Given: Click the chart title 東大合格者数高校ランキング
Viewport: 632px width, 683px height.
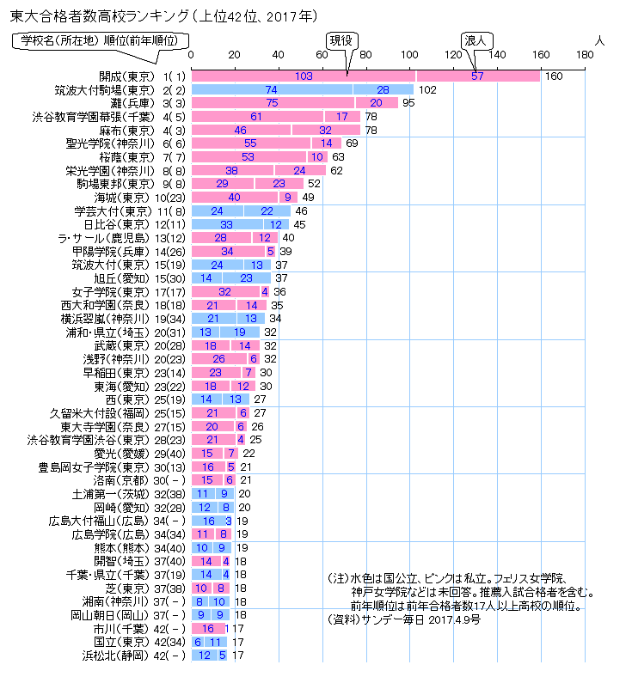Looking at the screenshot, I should coord(95,15).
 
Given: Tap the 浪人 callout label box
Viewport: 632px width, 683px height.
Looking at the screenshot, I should coord(475,40).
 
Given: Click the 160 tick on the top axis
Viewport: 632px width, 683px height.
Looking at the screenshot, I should coord(541,56).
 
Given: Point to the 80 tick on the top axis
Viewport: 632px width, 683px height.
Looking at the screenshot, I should coord(365,56).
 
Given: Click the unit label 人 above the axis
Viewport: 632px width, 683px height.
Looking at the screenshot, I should coord(599,40).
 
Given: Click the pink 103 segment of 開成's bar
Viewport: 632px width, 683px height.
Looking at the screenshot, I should coord(303,76).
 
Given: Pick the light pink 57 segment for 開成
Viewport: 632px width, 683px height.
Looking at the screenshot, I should coord(478,76).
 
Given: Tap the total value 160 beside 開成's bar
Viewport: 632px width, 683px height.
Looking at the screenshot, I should coord(553,76).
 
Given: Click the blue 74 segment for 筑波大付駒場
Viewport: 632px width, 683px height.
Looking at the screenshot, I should coord(271,89).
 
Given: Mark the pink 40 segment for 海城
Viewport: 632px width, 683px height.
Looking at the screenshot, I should coord(234,197).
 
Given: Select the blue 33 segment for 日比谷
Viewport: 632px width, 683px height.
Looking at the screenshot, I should coord(226,224).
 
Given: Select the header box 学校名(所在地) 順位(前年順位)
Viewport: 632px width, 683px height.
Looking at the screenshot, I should coord(100,40).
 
